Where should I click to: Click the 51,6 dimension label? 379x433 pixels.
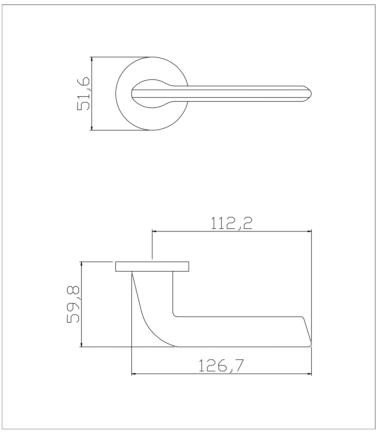83,94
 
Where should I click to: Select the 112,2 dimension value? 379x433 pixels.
232,224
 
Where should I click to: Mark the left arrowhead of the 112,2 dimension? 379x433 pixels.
154,231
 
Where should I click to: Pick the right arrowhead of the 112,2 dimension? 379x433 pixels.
309,231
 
